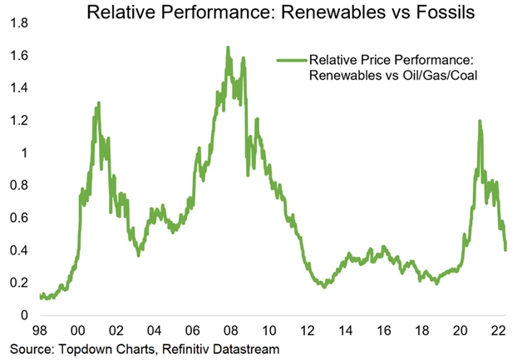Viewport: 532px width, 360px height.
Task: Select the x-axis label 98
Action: click(38, 329)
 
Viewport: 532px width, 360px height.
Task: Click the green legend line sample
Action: click(289, 61)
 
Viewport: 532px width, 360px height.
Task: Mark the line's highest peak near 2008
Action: click(228, 48)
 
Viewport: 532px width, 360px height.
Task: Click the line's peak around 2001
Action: click(98, 104)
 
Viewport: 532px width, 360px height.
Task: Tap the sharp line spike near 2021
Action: click(480, 121)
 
